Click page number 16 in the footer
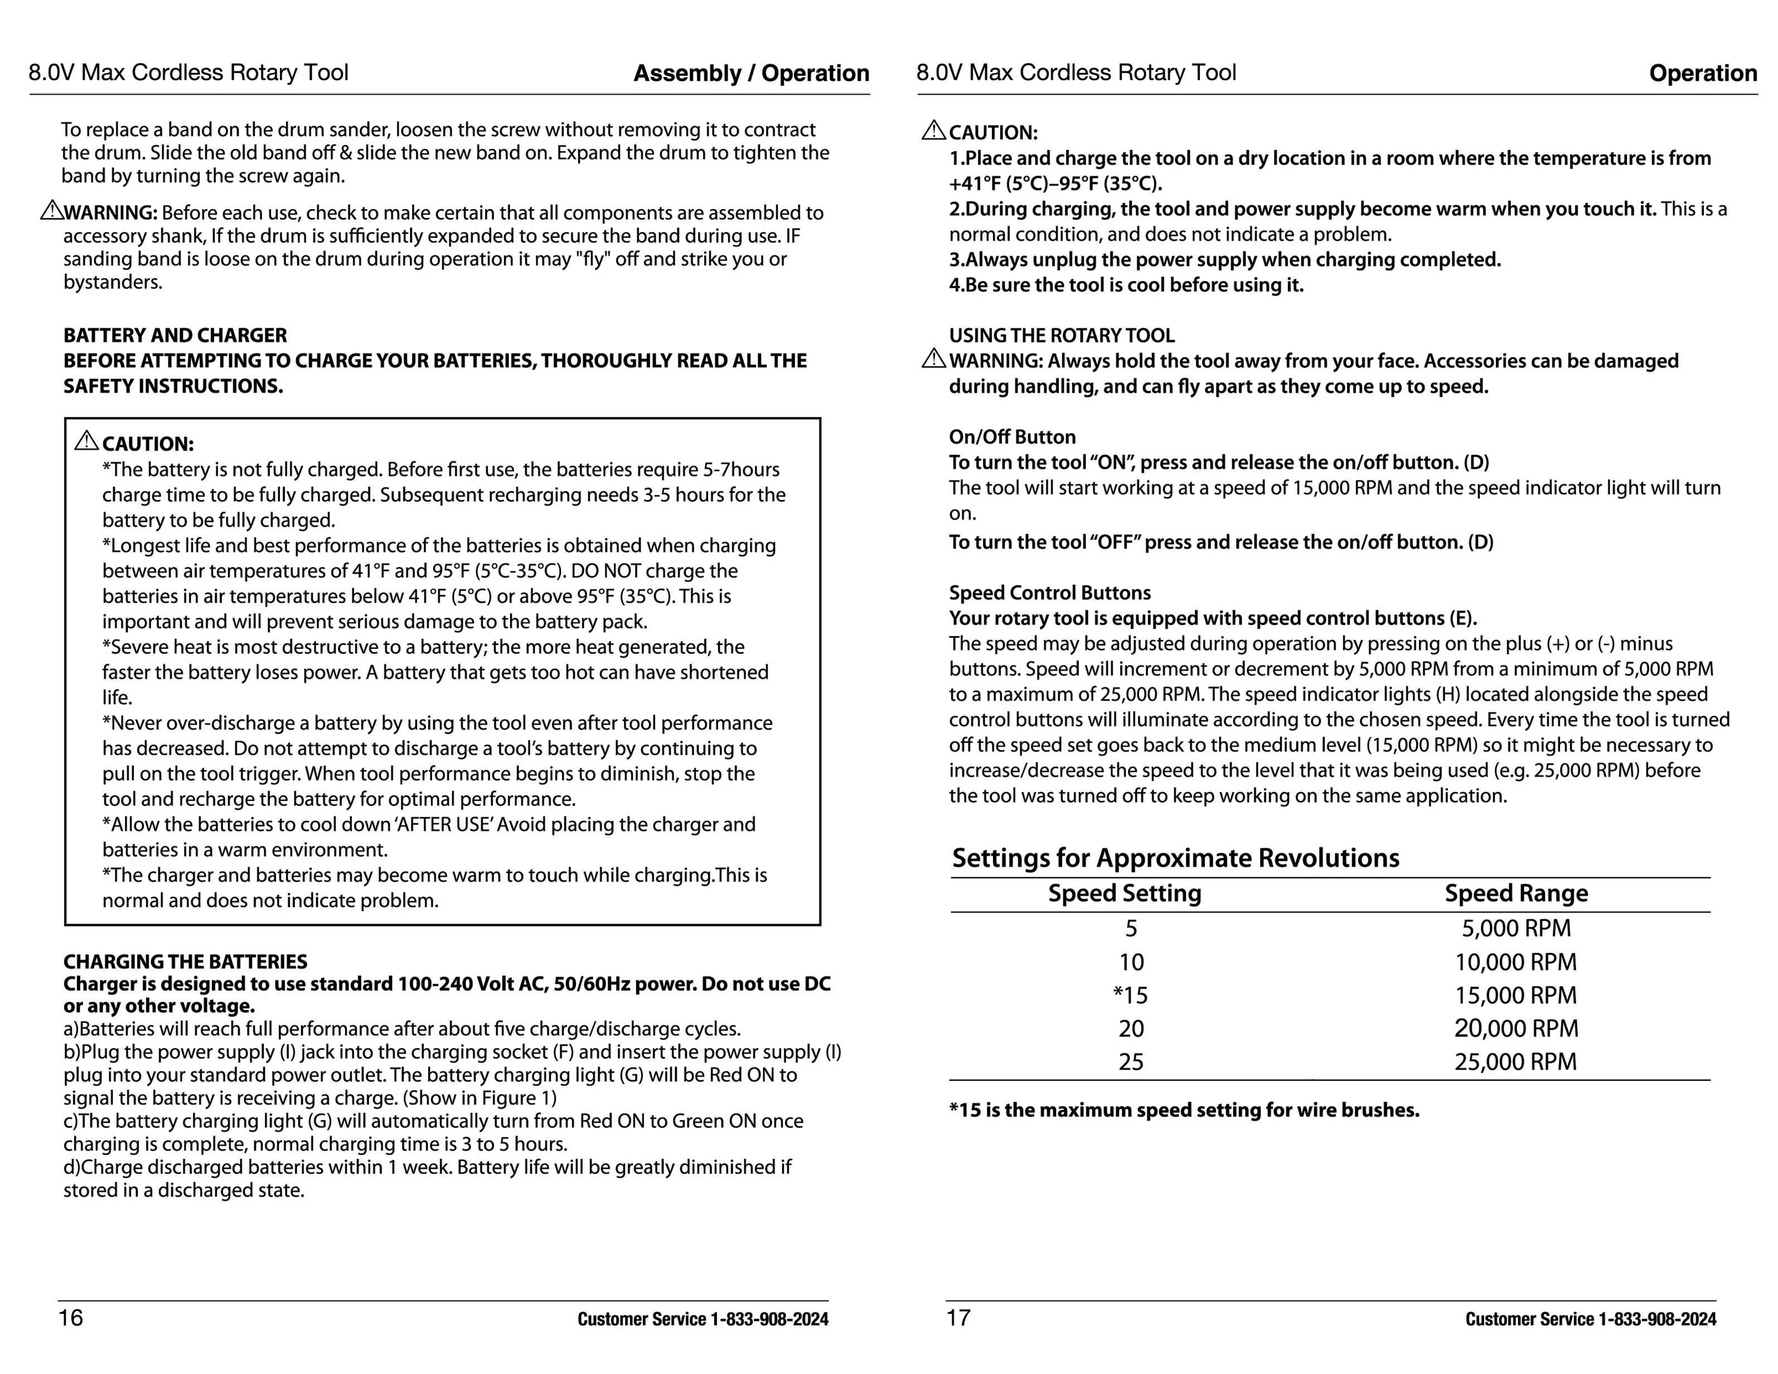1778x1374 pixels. pos(71,1318)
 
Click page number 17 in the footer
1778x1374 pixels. pos(958,1318)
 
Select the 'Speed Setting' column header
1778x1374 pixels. pos(1124,894)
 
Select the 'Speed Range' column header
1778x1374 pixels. pos(1516,894)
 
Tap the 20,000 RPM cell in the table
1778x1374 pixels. pos(1516,1029)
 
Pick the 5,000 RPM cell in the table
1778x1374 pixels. pos(1516,929)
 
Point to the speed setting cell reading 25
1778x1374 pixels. pos(1131,1062)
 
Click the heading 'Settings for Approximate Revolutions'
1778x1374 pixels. pos(1175,858)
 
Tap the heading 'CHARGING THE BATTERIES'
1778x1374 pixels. pos(186,962)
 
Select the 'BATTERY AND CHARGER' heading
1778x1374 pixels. pos(175,336)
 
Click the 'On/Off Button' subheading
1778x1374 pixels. pos(1012,437)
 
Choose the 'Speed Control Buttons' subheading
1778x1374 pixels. pos(1049,593)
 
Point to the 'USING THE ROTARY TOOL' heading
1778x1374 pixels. pos(1062,336)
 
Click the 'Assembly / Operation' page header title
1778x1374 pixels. pos(750,73)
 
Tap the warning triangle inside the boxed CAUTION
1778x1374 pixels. pos(86,441)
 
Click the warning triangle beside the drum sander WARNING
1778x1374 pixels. pos(51,211)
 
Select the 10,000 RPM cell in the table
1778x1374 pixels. pos(1516,962)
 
